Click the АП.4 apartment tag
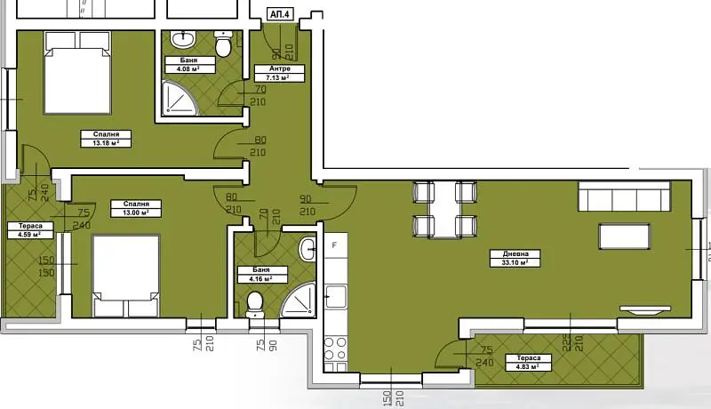pyautogui.click(x=279, y=14)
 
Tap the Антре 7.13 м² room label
pyautogui.click(x=279, y=73)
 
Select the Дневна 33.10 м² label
pyautogui.click(x=515, y=258)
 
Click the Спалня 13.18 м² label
pyautogui.click(x=106, y=139)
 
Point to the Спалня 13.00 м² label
pyautogui.click(x=136, y=208)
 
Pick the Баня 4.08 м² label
pyautogui.click(x=189, y=64)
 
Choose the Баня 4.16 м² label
pyautogui.click(x=262, y=275)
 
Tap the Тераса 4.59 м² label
pyautogui.click(x=30, y=230)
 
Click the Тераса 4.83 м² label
pyautogui.click(x=528, y=362)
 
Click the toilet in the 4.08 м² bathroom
pyautogui.click(x=223, y=44)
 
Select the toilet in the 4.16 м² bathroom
pyautogui.click(x=255, y=304)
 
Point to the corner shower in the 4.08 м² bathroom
pyautogui.click(x=181, y=97)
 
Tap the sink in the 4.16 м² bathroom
pyautogui.click(x=308, y=249)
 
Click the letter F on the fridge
pyautogui.click(x=335, y=245)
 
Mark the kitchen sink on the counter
pyautogui.click(x=336, y=296)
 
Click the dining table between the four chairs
pyautogui.click(x=444, y=210)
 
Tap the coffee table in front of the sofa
pyautogui.click(x=625, y=237)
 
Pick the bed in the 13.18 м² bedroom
pyautogui.click(x=77, y=73)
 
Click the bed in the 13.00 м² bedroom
pyautogui.click(x=126, y=276)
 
